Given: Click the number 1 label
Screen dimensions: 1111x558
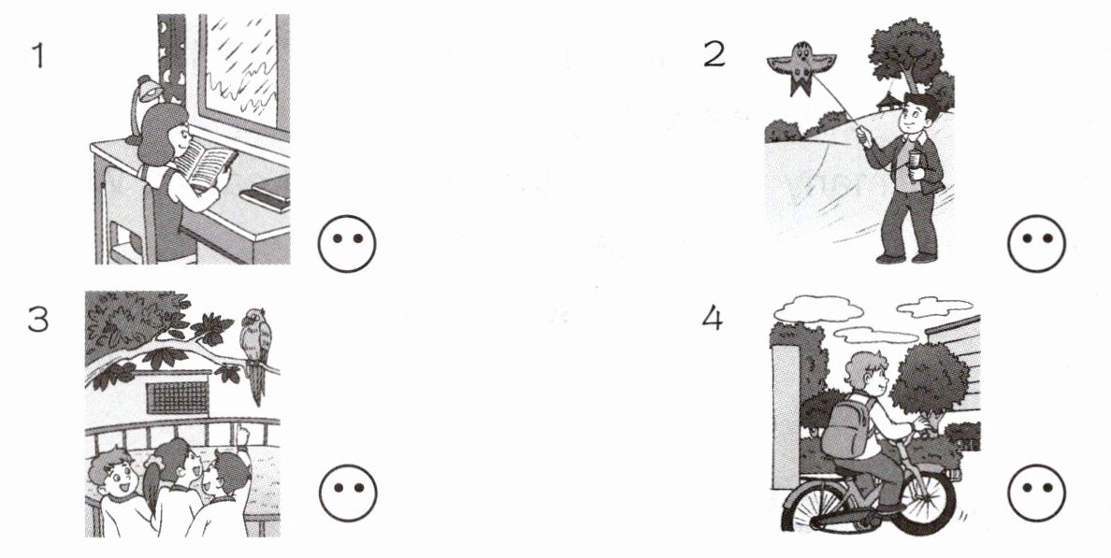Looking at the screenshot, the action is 37,55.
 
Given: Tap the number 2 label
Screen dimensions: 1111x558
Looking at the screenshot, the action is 714,54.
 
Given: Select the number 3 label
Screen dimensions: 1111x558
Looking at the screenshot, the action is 37,320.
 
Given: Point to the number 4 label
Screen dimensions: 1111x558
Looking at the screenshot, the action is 713,319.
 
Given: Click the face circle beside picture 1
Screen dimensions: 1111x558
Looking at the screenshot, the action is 346,244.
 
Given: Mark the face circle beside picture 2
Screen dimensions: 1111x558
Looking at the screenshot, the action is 1036,244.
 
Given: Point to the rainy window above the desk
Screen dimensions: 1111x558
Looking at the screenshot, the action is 244,71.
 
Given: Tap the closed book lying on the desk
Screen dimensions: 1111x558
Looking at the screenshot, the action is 267,192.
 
